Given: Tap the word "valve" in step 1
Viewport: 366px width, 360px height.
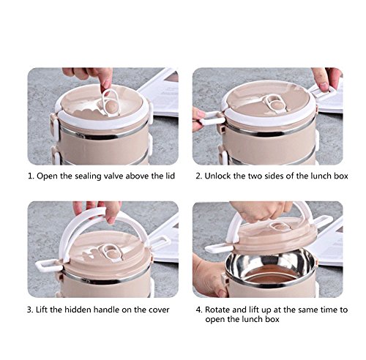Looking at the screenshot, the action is point(113,176).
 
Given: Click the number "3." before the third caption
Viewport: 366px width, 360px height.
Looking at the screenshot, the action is point(30,310).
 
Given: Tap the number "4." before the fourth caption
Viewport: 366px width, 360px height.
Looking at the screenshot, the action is point(199,310).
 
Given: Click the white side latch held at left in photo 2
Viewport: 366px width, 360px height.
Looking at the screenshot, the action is point(212,119).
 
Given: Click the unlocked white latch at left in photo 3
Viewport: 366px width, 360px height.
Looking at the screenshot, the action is point(48,265).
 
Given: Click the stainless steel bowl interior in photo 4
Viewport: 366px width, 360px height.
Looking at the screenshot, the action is point(270,268).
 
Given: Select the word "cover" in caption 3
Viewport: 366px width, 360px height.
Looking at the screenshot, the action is point(159,310).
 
